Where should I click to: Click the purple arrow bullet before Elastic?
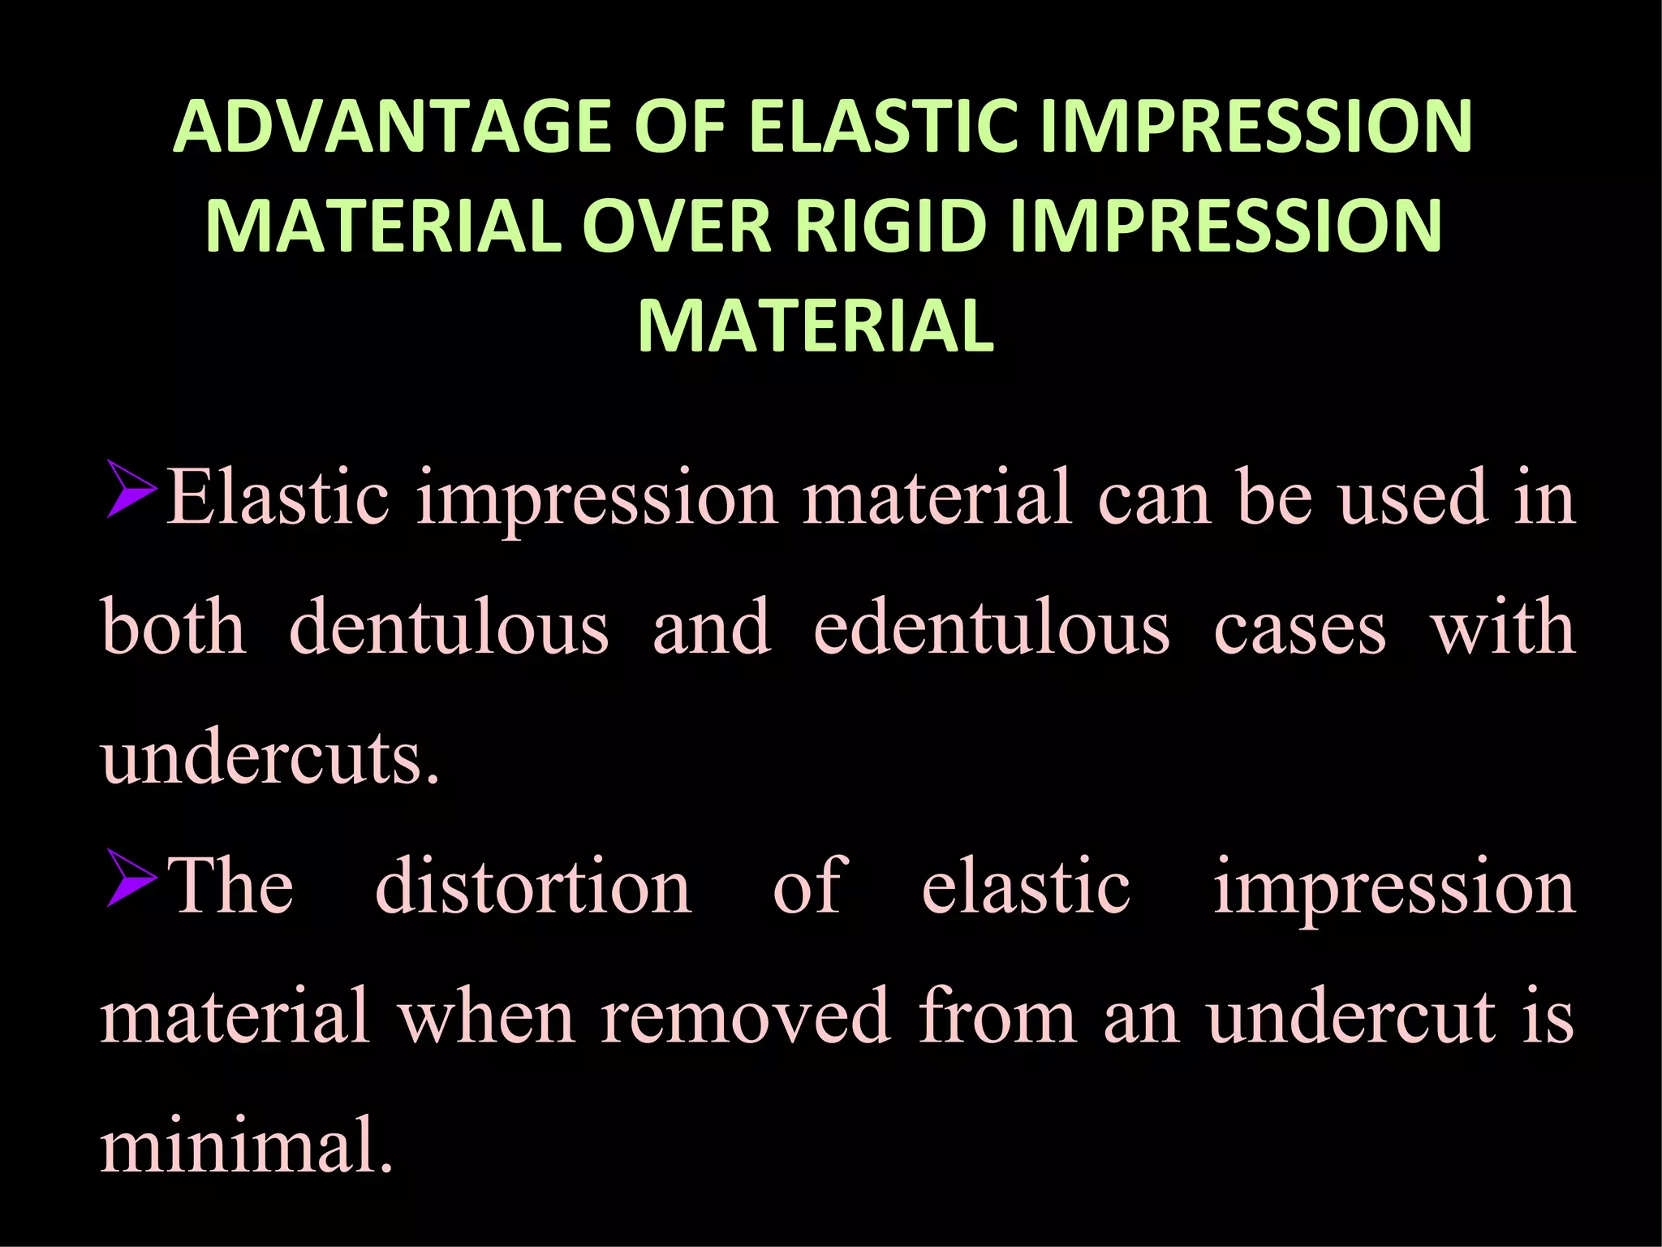131,490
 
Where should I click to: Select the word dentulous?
449,628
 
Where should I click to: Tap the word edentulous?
992,628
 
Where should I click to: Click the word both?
174,628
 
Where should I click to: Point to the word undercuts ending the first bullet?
269,757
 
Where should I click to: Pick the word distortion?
533,887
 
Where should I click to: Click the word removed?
746,1017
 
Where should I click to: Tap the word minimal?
246,1146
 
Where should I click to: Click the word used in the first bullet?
1414,498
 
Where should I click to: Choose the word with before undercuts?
1503,628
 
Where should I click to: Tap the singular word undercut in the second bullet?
1351,1017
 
